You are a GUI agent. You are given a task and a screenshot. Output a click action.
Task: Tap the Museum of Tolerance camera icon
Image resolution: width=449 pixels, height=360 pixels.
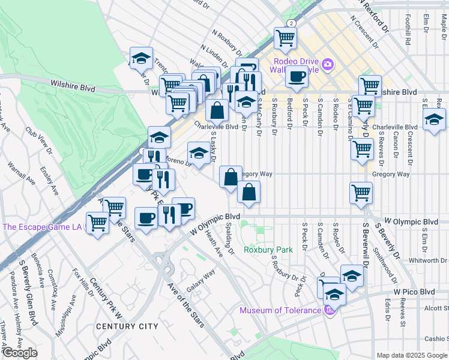point(328,310)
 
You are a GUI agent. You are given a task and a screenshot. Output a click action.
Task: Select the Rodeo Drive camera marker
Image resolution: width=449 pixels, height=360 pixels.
point(328,64)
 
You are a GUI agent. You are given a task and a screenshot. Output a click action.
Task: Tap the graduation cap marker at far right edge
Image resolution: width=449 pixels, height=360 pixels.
point(434,118)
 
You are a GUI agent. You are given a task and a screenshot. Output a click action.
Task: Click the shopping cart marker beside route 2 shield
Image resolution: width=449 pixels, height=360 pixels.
point(285,38)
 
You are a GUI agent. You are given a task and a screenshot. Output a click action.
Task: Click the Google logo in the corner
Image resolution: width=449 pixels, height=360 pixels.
point(20,353)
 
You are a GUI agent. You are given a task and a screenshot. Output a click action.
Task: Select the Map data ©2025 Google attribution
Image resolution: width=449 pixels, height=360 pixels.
point(412,355)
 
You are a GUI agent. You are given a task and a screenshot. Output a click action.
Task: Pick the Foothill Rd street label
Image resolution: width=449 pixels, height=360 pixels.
point(408,30)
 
